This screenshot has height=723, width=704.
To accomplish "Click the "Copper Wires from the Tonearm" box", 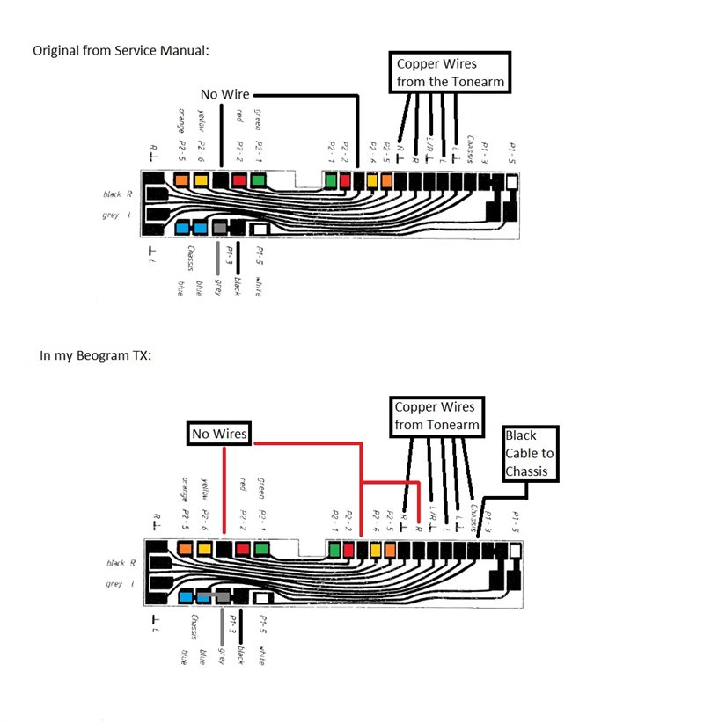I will click(451, 73).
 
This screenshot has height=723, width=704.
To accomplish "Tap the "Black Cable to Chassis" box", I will click(533, 453).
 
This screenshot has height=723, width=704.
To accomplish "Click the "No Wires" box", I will click(219, 434).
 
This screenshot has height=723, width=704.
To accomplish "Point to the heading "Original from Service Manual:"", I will click(121, 50).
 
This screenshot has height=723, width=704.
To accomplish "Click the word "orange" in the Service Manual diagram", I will click(181, 121).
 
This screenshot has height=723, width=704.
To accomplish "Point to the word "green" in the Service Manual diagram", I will click(258, 118).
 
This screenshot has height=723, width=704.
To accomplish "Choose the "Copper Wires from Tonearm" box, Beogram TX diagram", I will click(437, 417).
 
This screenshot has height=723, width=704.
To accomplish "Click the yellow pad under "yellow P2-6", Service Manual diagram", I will click(201, 180).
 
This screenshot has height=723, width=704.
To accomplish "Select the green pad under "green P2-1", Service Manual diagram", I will click(258, 180).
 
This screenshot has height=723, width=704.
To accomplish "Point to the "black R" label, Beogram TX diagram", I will click(121, 563).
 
